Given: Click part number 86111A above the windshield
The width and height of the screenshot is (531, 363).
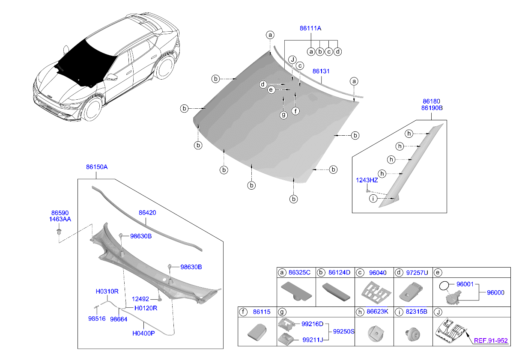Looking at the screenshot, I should tap(310, 28).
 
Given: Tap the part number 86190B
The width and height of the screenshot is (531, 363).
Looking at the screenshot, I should tap(431, 108).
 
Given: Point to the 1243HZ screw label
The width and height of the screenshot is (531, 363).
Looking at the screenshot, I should tap(367, 181).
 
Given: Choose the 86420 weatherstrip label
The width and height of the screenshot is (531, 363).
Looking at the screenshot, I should tap(147, 212).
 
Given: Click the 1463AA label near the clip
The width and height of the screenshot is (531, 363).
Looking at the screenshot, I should tap(60, 219).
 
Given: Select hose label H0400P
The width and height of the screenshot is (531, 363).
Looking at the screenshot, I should tap(143, 333).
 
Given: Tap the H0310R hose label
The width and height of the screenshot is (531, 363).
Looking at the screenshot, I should tap(107, 292).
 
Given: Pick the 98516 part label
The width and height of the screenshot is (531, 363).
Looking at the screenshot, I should tap(96, 319).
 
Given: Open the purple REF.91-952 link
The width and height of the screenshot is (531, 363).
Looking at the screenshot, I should tap(491, 341).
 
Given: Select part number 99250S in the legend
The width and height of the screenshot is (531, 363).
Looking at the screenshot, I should tap(343, 332).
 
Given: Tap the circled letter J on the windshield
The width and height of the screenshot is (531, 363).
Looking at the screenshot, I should tap(292, 60).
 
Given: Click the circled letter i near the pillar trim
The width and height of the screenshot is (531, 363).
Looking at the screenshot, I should tap(373, 199).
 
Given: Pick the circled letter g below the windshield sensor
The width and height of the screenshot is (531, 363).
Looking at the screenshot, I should tap(283, 115).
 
